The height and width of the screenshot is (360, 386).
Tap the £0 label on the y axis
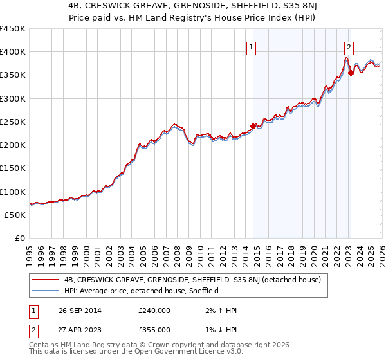(20, 239)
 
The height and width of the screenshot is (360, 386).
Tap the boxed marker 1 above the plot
(250, 47)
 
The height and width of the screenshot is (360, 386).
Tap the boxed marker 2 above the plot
(348, 47)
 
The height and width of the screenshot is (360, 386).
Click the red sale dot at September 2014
(253, 125)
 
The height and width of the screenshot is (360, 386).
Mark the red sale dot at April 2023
(351, 73)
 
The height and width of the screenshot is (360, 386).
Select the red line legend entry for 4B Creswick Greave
(198, 280)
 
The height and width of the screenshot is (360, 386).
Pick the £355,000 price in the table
(154, 329)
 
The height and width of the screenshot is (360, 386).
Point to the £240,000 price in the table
(154, 310)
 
